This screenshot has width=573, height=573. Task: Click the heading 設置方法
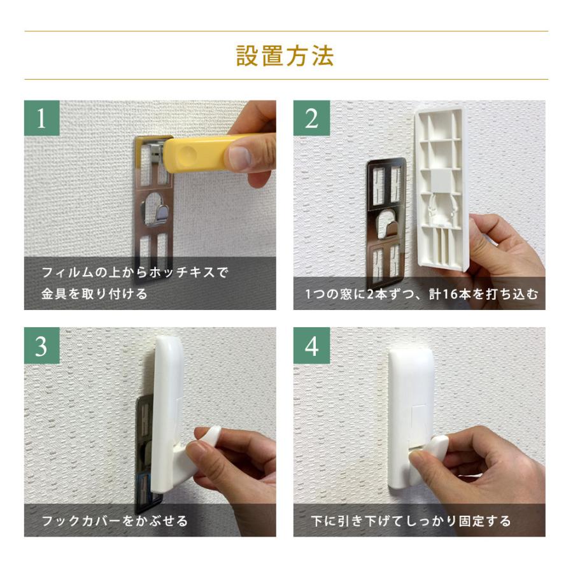point(285,56)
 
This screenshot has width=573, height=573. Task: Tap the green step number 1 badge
point(41,118)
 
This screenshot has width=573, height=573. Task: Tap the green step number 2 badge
point(311,118)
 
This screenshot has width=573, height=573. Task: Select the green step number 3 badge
point(41,346)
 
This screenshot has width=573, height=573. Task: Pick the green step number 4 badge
point(311,346)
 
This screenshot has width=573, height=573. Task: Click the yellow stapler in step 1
point(197,153)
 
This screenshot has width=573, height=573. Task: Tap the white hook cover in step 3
point(171,407)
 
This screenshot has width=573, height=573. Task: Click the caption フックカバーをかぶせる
point(115,521)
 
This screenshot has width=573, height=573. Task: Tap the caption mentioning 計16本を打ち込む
point(420,294)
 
